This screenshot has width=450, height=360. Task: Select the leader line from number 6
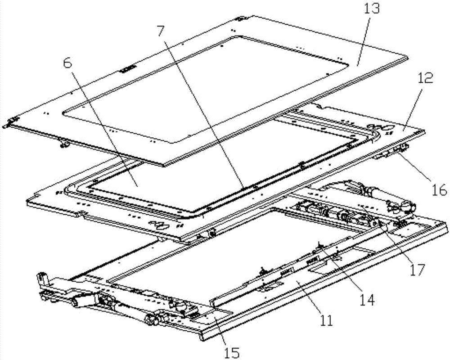[x=103, y=128]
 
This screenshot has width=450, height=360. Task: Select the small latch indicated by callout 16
[x=401, y=148]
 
